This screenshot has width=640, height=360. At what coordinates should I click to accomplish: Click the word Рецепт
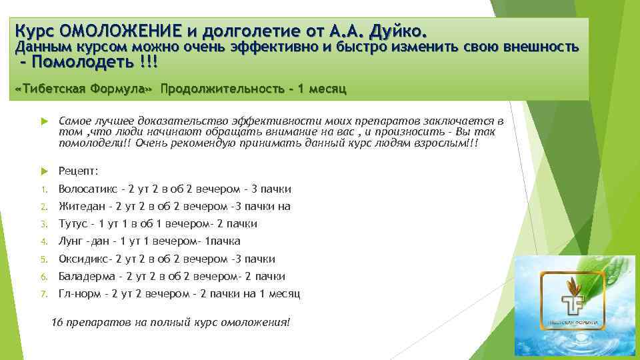(x=78, y=171)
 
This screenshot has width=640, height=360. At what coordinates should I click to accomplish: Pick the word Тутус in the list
(x=73, y=223)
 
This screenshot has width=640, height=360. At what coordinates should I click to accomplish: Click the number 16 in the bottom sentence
(x=57, y=323)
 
